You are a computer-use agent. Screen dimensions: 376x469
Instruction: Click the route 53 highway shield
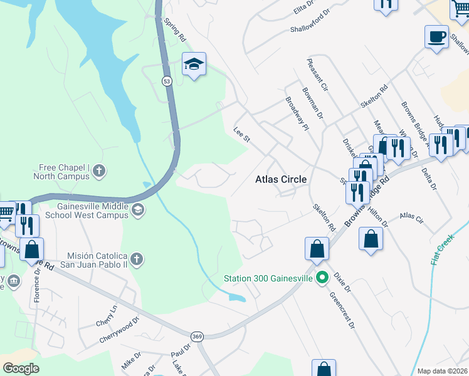pyautogui.click(x=166, y=81)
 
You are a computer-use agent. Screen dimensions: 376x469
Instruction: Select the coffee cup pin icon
pyautogui.click(x=436, y=36)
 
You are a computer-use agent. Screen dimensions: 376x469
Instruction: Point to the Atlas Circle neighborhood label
pyautogui.click(x=281, y=179)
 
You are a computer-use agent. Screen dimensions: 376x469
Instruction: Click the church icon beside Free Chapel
pyautogui.click(x=100, y=170)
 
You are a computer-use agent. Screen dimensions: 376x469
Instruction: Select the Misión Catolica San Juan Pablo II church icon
pyautogui.click(x=137, y=258)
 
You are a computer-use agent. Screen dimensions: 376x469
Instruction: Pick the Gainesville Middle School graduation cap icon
pyautogui.click(x=137, y=212)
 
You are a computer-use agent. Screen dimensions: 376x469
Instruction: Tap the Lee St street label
pyautogui.click(x=241, y=134)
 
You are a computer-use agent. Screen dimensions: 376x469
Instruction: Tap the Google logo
pyautogui.click(x=21, y=368)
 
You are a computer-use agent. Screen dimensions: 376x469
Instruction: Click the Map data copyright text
pyautogui.click(x=442, y=371)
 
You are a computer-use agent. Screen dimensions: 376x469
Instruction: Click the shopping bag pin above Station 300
pyautogui.click(x=317, y=248)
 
